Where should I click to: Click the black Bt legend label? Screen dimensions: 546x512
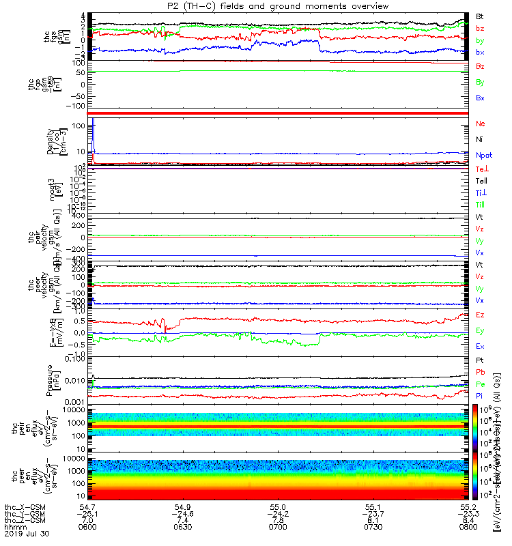(480, 16)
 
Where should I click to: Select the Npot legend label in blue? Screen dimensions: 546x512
(483, 155)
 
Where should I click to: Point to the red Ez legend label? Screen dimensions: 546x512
(480, 315)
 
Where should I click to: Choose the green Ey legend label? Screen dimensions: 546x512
(480, 330)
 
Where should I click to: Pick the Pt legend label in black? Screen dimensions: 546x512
(480, 359)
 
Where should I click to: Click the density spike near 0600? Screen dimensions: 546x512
(91, 126)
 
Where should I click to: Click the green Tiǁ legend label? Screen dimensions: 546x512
(481, 205)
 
